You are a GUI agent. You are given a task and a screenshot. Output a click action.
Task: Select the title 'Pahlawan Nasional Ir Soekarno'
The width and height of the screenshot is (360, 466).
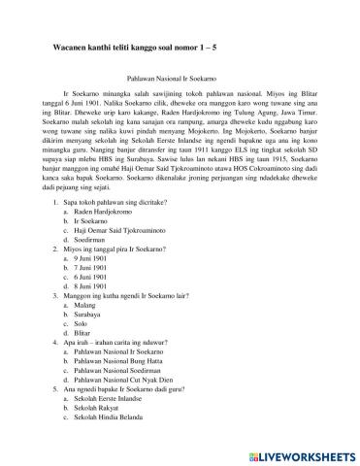[180, 84]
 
